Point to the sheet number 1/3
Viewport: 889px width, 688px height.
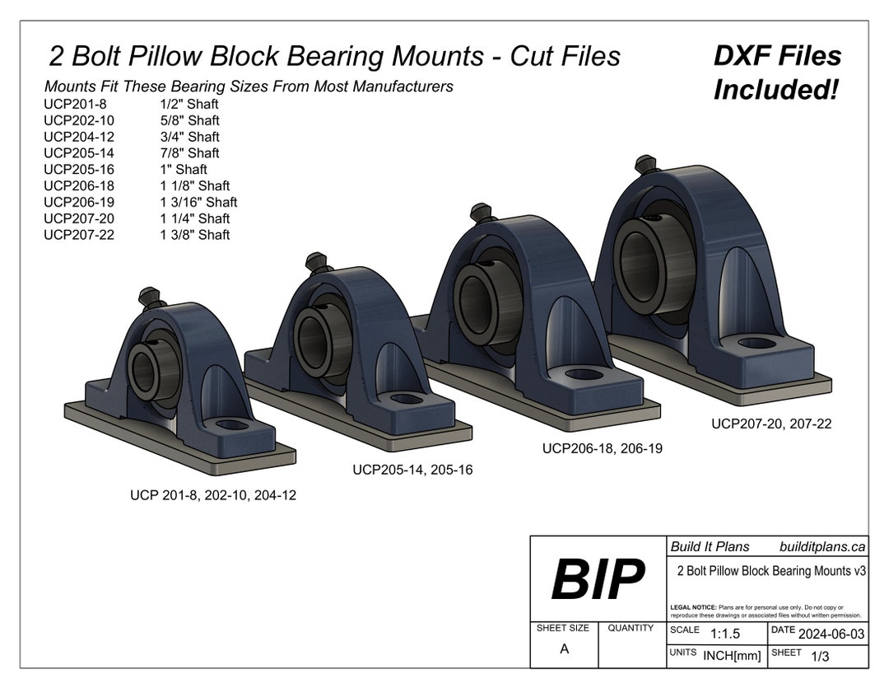click(820, 656)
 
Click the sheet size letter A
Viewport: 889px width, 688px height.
click(564, 648)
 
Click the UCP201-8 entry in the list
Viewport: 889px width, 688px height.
click(75, 104)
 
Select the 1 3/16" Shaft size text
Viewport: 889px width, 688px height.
click(198, 202)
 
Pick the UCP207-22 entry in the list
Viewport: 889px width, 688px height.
click(79, 235)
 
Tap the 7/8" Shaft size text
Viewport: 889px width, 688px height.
click(189, 153)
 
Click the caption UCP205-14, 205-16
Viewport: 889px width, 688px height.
click(412, 470)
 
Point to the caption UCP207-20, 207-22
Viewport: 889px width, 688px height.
click(771, 424)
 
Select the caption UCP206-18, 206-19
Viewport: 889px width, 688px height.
click(602, 448)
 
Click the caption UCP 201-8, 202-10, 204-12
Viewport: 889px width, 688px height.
click(213, 495)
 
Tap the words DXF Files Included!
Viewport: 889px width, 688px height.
click(776, 73)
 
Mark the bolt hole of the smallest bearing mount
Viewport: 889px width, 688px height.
click(233, 425)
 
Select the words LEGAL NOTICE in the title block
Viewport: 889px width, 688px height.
click(694, 606)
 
